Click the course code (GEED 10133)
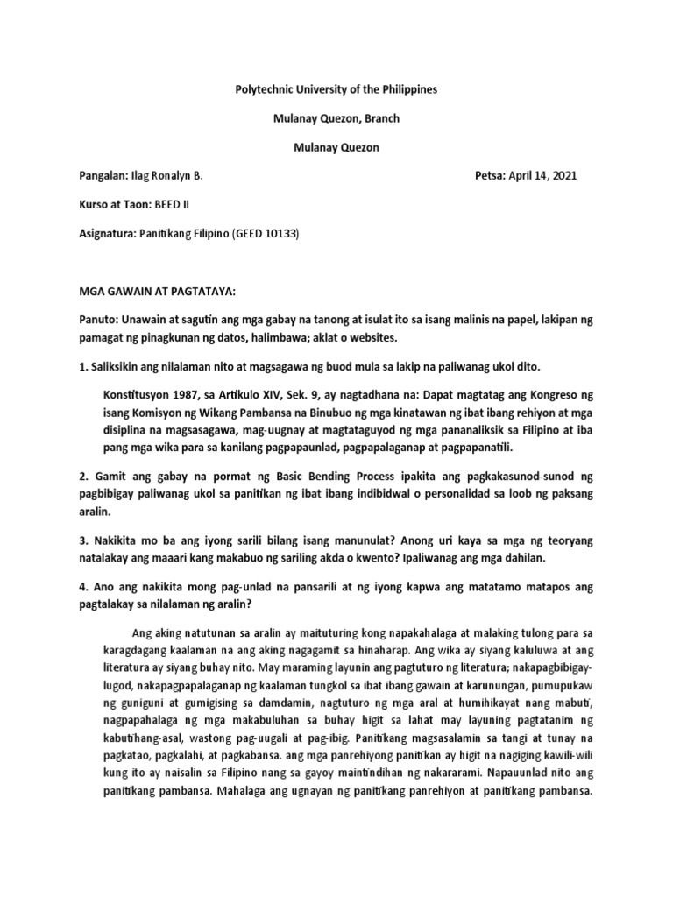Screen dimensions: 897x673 point(266,234)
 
